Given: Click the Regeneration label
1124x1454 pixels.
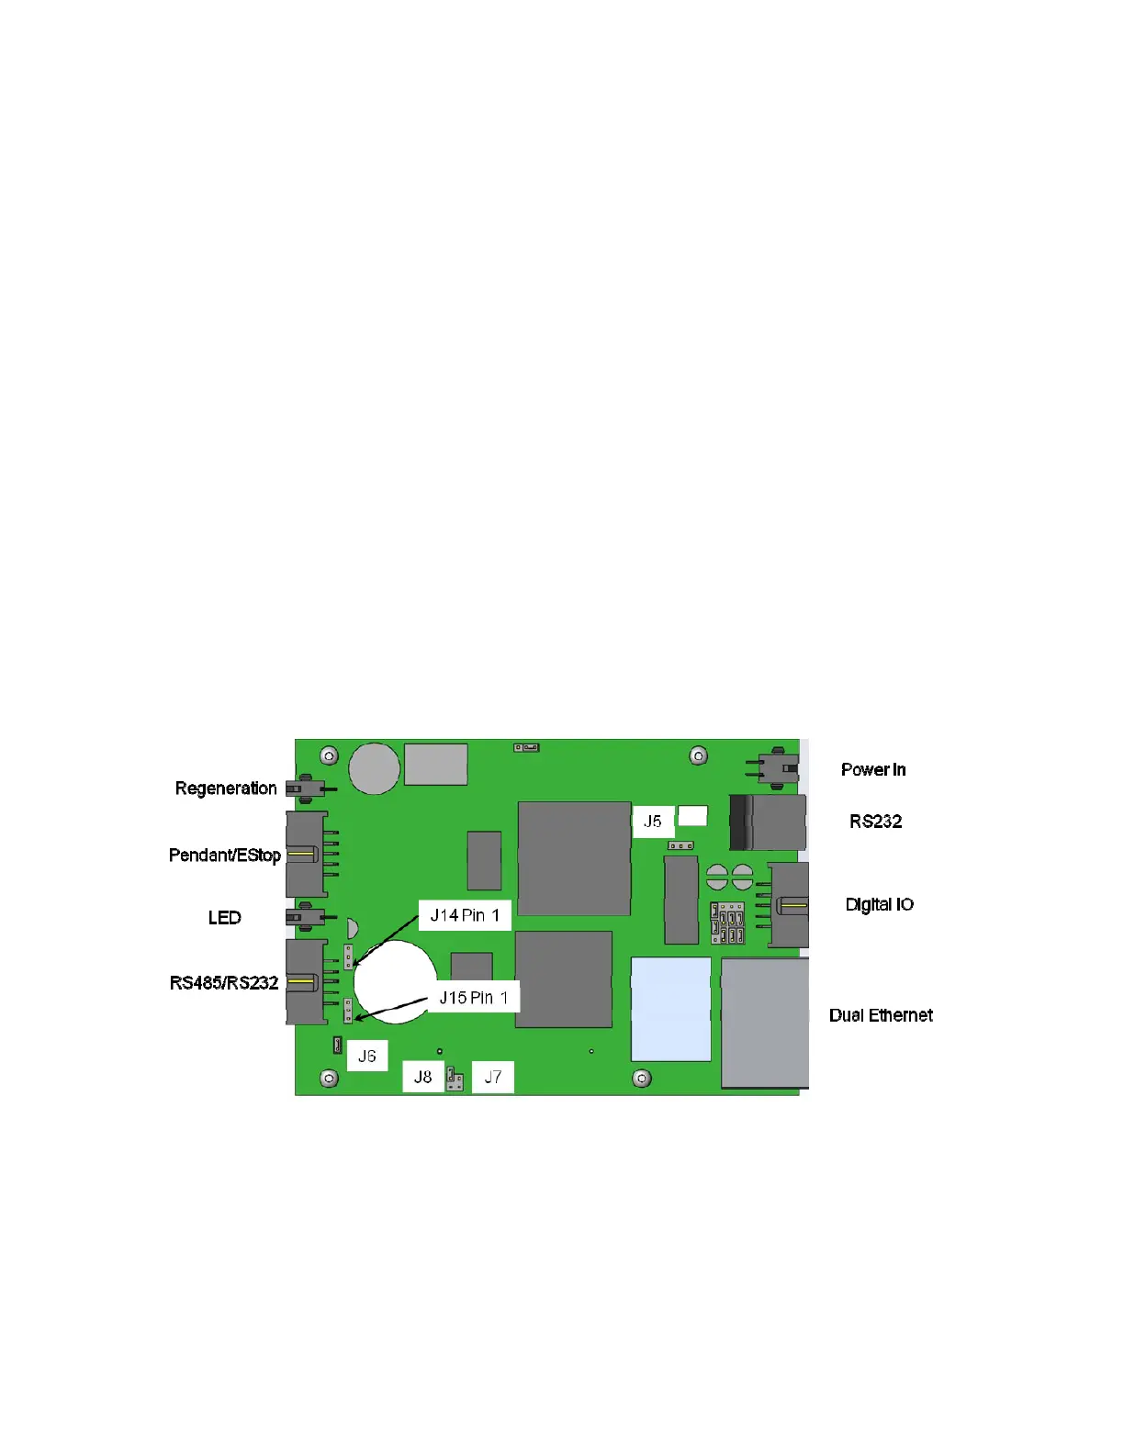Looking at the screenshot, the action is tap(226, 789).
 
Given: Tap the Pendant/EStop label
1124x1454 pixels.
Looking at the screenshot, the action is tap(225, 856).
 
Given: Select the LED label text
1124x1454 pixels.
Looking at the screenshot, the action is tap(224, 918).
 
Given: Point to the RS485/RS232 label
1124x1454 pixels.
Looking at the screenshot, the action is tap(224, 983).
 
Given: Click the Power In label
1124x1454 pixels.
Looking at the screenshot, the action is tap(873, 770).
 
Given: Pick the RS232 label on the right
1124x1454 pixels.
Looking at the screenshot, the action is tap(875, 822).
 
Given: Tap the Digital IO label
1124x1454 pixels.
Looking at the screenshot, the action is tap(879, 905).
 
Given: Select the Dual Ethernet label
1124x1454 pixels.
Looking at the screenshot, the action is tap(881, 1015).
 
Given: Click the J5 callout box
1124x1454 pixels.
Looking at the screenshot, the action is tap(653, 822).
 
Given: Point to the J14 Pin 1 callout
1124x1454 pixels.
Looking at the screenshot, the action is tap(465, 915).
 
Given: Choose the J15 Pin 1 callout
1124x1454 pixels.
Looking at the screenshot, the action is tap(473, 998).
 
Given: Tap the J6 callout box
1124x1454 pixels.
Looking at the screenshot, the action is tap(367, 1057).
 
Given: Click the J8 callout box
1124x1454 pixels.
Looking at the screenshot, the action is tap(423, 1078).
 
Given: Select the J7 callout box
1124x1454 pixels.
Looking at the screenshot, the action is tap(493, 1078).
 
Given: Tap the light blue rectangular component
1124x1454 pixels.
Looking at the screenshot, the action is tap(671, 1009).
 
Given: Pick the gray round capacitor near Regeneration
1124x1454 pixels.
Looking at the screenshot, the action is tap(375, 768).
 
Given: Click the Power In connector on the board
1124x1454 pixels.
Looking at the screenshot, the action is tap(778, 766).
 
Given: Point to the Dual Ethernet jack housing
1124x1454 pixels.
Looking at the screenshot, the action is tap(765, 1023).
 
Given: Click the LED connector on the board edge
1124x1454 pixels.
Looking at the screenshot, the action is tap(305, 917).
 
